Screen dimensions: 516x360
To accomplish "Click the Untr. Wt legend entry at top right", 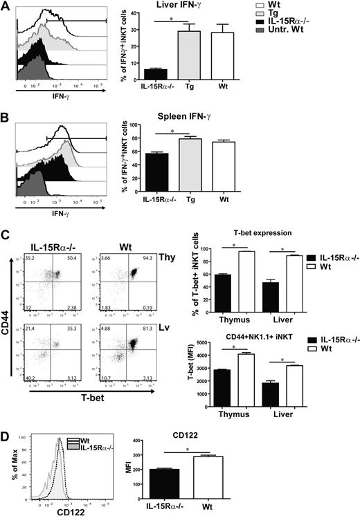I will click(318, 37).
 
